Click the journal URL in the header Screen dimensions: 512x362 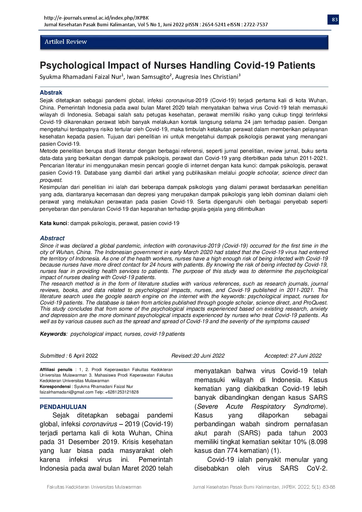tap(96, 18)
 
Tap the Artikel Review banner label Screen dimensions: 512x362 tap(66, 42)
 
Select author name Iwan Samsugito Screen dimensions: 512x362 tap(149, 77)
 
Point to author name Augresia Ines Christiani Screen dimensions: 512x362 tap(207, 77)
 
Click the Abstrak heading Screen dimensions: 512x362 tap(51, 93)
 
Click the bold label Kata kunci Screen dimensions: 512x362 tap(53, 223)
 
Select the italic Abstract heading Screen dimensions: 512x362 tap(52, 238)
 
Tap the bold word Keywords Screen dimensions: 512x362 tap(53, 334)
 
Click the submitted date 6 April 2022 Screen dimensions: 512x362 tap(83, 356)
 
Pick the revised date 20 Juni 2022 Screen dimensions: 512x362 tap(209, 356)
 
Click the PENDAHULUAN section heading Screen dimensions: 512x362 tap(63, 407)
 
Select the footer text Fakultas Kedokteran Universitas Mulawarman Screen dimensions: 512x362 tap(94, 487)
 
